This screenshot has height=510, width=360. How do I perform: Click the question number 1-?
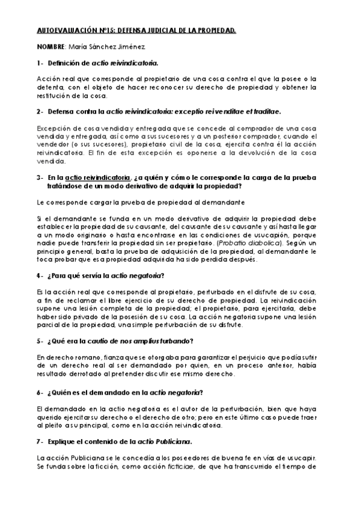pyautogui.click(x=40, y=63)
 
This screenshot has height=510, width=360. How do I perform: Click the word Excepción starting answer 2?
pyautogui.click(x=53, y=128)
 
